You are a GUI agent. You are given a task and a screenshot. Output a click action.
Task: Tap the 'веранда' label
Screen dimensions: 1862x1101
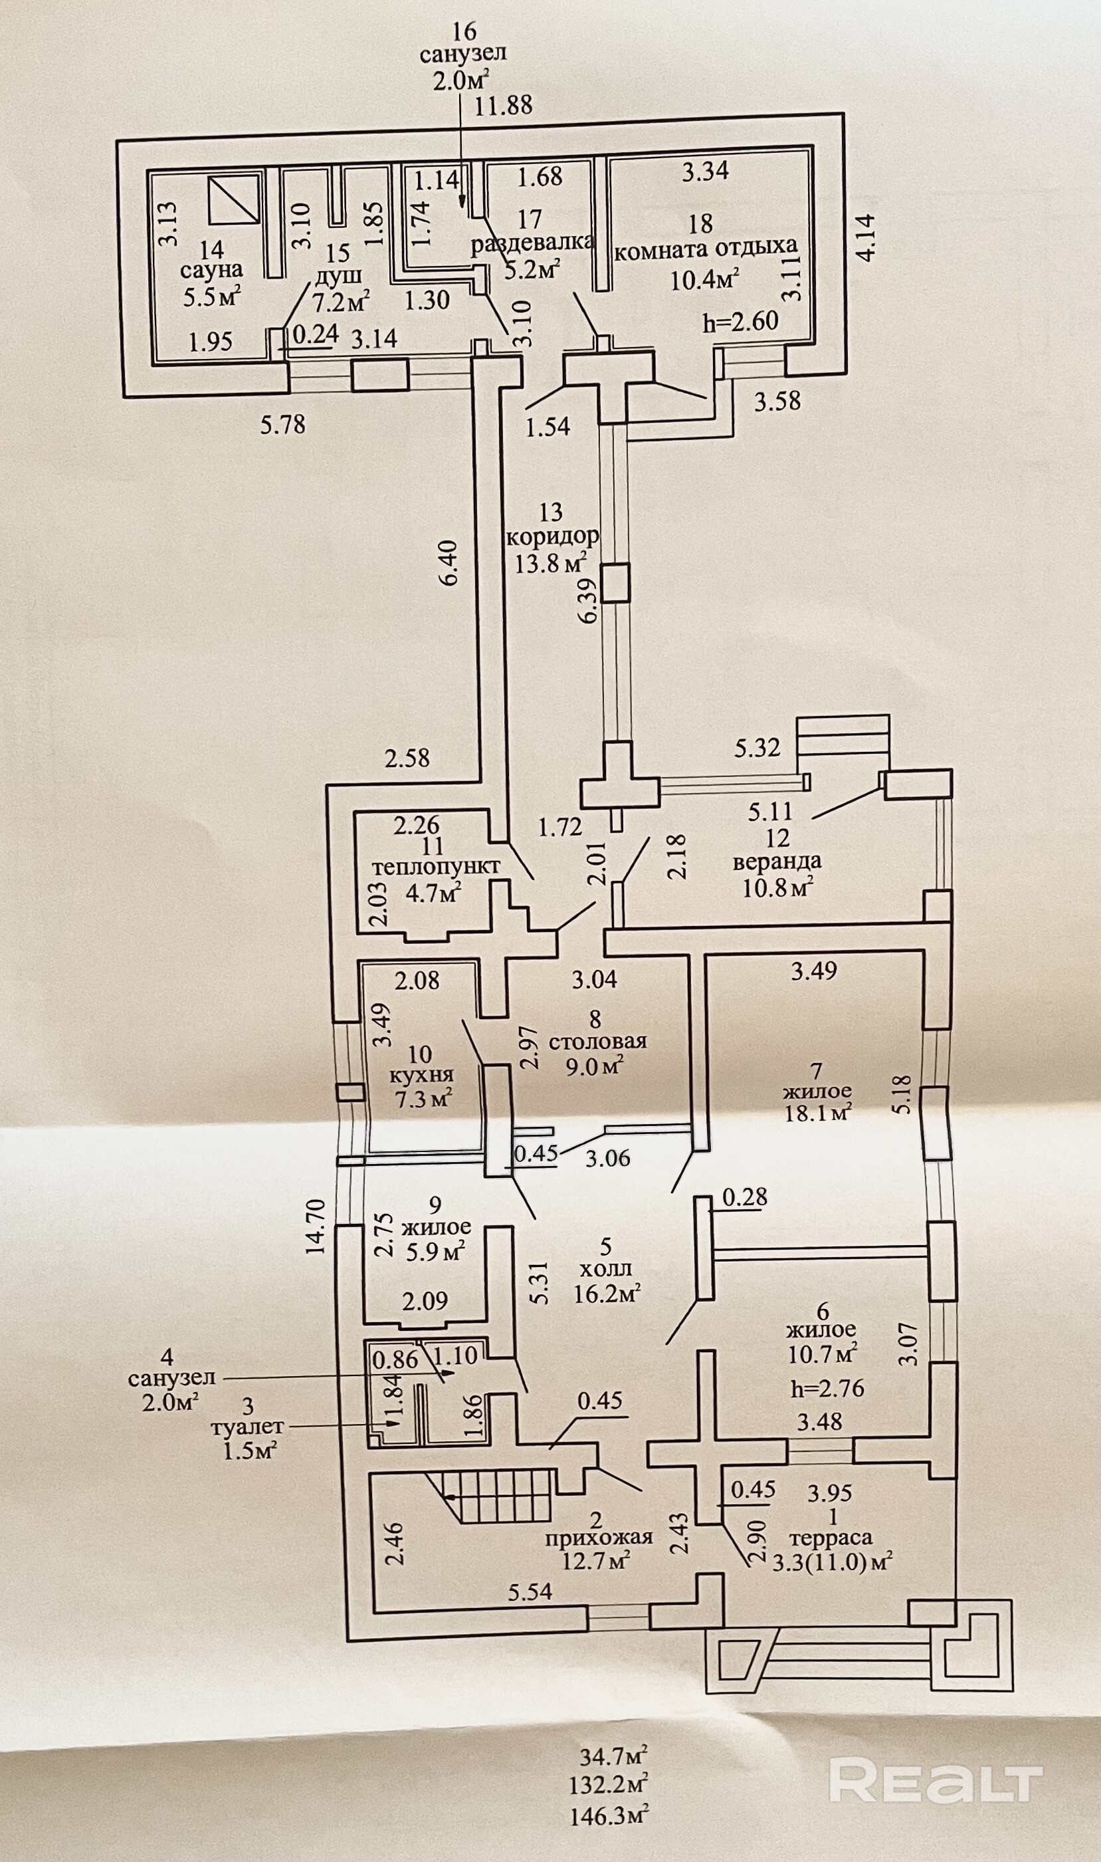(x=777, y=862)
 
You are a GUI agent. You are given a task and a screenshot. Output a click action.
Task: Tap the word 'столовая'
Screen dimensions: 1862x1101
(x=597, y=1041)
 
